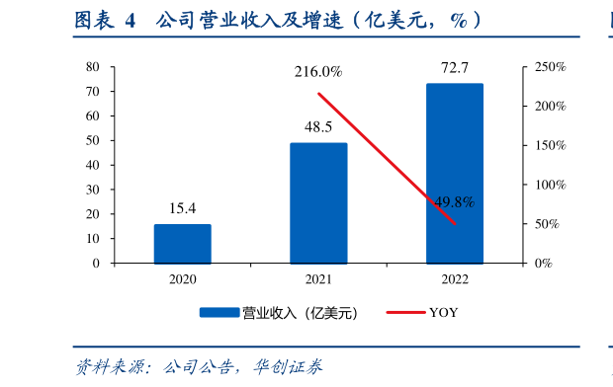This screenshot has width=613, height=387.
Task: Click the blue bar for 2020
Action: (x=182, y=244)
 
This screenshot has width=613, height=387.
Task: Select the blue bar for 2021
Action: (x=318, y=203)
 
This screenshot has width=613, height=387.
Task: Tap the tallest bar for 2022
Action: (x=455, y=174)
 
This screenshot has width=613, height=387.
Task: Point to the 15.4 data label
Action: (x=182, y=208)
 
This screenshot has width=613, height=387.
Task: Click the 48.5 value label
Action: (x=318, y=127)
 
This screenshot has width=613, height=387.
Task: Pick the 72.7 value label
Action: (x=455, y=68)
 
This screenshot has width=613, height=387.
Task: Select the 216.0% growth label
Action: (x=318, y=72)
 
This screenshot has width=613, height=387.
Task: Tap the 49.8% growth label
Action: (x=455, y=202)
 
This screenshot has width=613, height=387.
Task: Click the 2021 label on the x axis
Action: (x=318, y=279)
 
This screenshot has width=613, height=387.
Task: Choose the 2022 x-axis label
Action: (x=455, y=279)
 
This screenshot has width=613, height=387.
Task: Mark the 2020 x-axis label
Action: (x=182, y=279)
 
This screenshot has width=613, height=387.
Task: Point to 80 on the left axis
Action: (x=93, y=67)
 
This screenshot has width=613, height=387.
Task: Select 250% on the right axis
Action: (x=550, y=67)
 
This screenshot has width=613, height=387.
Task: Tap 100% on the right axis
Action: (x=550, y=185)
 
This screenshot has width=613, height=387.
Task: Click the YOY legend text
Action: (x=443, y=313)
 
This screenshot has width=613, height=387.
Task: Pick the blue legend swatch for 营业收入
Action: (x=219, y=313)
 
